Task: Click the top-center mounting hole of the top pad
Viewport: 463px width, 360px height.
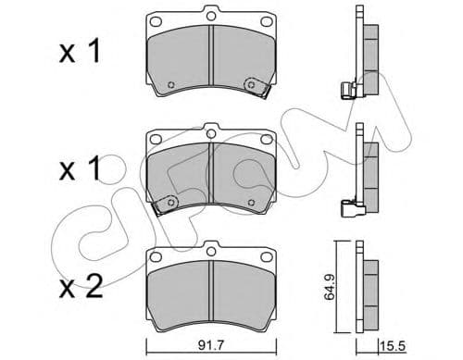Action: [x=211, y=16]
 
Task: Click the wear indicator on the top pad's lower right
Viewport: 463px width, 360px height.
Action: [x=250, y=85]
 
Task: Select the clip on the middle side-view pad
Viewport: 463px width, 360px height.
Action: [x=351, y=207]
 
